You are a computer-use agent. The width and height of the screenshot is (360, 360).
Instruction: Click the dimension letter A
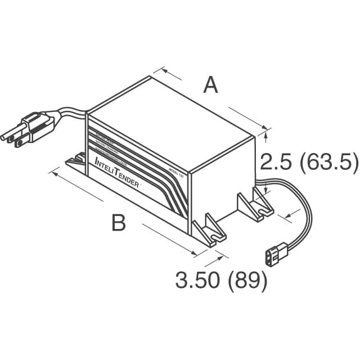[x=210, y=86]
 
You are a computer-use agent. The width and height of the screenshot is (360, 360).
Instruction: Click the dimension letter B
[x=118, y=223]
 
